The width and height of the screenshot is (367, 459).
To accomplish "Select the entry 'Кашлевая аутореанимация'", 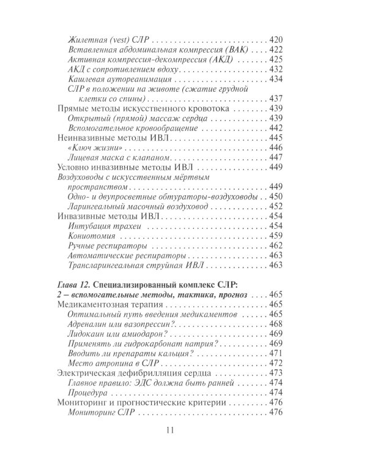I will pyautogui.click(x=121, y=78).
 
